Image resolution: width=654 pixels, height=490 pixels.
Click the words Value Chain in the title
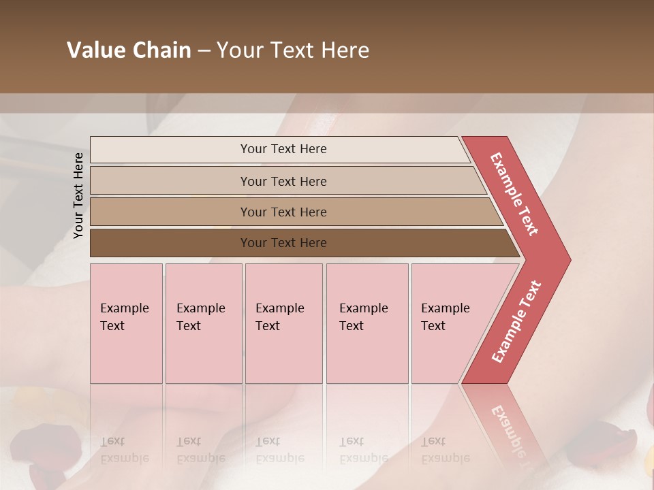[x=129, y=50]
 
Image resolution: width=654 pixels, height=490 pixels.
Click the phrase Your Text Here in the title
[x=293, y=50]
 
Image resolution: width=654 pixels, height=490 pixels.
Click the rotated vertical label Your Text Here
[x=78, y=195]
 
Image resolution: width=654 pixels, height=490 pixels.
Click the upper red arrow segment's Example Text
[x=514, y=194]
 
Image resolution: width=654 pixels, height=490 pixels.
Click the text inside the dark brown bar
[x=283, y=243]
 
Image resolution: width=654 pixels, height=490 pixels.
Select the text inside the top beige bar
[x=283, y=149]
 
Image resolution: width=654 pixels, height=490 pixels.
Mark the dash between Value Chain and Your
[x=204, y=50]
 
